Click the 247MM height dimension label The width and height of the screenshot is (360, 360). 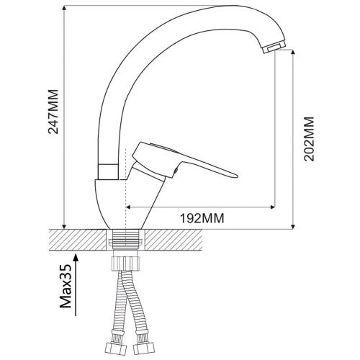53,112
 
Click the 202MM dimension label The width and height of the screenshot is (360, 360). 309,139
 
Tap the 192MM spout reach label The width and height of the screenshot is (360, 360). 202,218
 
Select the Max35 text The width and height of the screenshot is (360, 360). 66,286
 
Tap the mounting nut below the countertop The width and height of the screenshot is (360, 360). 126,264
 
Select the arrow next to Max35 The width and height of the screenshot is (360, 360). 76,285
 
